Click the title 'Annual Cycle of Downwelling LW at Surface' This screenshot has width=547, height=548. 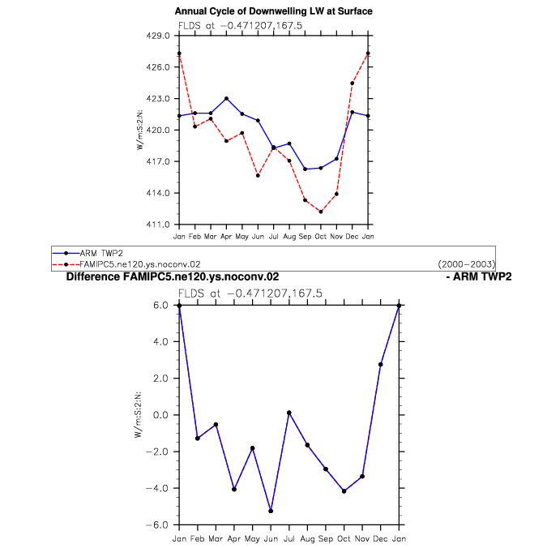point(274,11)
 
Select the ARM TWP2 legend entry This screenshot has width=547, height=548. point(88,253)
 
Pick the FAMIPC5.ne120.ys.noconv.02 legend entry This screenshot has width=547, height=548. point(126,264)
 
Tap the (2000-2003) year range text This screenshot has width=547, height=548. point(467,264)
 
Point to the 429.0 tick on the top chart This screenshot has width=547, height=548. point(158,36)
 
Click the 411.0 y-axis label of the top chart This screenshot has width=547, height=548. point(158,225)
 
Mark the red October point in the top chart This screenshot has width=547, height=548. point(321,212)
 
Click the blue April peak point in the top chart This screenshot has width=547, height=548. point(226,99)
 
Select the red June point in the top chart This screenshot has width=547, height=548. point(258,175)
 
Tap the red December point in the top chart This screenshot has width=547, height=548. point(352,83)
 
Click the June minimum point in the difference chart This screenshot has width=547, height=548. point(271,511)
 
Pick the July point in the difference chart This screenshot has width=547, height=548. point(288,413)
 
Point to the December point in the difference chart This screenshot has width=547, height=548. point(380,365)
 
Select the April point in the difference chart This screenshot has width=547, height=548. point(234,490)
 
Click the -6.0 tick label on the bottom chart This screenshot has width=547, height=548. point(156,525)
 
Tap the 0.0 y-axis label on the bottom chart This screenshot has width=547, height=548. point(160,415)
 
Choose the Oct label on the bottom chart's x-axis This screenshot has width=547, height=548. point(344,539)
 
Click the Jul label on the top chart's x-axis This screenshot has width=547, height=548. point(274,237)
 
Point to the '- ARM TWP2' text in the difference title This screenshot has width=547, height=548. point(479,276)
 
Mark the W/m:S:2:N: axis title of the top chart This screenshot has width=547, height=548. point(139,130)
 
